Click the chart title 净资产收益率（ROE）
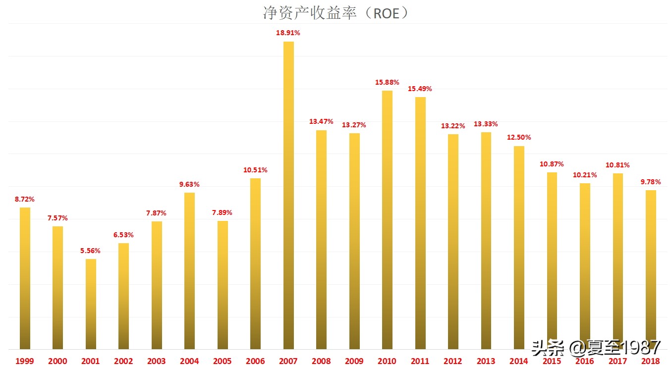tap(336, 13)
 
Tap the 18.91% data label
tap(288, 33)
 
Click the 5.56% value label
tap(91, 251)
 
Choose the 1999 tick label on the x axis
tap(25, 361)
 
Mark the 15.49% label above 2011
tap(420, 89)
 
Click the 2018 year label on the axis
tap(650, 361)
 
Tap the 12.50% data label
tap(519, 138)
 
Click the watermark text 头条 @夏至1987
tap(596, 348)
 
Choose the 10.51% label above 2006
tap(255, 170)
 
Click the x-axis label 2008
tap(321, 361)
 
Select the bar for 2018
tap(651, 269)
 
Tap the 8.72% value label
tap(25, 200)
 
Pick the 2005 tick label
tap(223, 361)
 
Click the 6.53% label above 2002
tap(123, 235)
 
